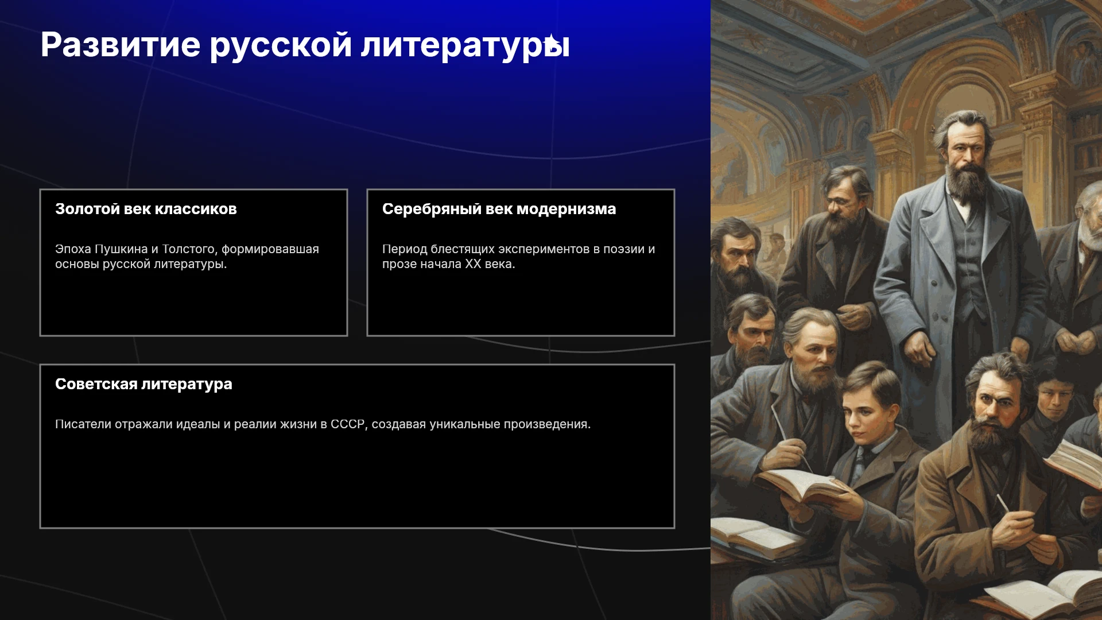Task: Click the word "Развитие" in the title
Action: (121, 44)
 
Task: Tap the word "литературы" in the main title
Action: (465, 46)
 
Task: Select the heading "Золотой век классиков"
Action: (146, 209)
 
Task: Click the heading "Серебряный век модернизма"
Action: (499, 210)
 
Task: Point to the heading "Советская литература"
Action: (143, 385)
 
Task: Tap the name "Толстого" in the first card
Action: (189, 250)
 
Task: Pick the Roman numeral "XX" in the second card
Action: (473, 264)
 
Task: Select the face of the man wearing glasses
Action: (841, 201)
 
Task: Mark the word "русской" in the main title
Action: (281, 46)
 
